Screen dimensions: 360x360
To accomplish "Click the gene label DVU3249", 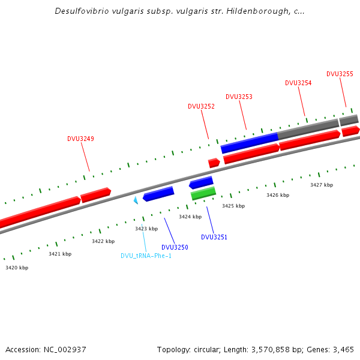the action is pyautogui.click(x=80, y=139).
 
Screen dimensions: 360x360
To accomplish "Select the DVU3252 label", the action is pyautogui.click(x=201, y=106).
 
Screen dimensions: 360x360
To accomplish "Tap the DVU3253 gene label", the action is pyautogui.click(x=239, y=97).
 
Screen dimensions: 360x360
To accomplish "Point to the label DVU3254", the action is pyautogui.click(x=298, y=83).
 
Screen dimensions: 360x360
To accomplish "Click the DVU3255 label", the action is pyautogui.click(x=340, y=74).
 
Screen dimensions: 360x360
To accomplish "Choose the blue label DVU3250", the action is pyautogui.click(x=175, y=247).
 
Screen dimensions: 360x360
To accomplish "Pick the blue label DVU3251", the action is pyautogui.click(x=214, y=237).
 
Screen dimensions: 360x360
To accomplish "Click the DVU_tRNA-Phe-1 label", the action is pyautogui.click(x=146, y=256).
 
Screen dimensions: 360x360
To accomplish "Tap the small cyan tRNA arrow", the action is pyautogui.click(x=136, y=200).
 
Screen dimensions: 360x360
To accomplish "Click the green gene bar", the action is pyautogui.click(x=203, y=193).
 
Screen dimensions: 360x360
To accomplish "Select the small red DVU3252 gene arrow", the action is pyautogui.click(x=214, y=163).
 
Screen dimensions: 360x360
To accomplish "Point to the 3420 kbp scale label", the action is pyautogui.click(x=17, y=268).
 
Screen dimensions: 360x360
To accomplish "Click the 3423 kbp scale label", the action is pyautogui.click(x=146, y=229).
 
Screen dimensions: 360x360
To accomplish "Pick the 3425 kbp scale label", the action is pyautogui.click(x=233, y=206).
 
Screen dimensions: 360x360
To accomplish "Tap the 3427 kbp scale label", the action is pyautogui.click(x=322, y=185).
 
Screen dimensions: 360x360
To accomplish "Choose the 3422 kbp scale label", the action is pyautogui.click(x=103, y=241).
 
